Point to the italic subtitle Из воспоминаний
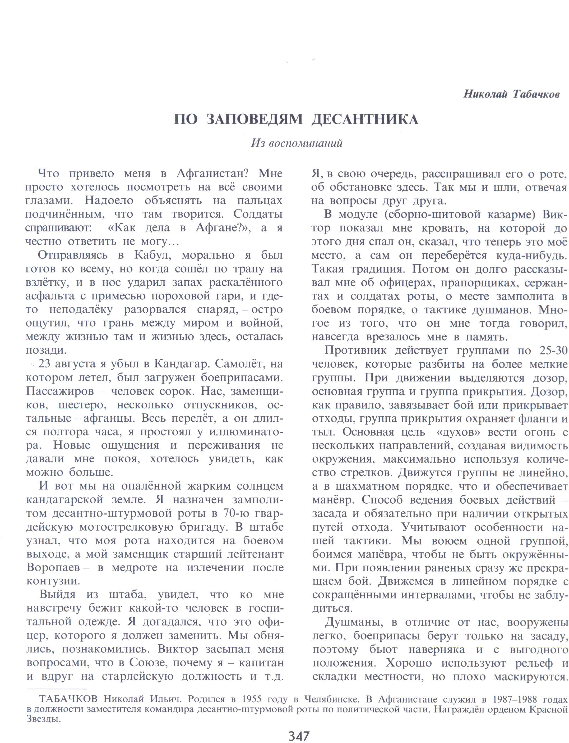pos(297,143)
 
